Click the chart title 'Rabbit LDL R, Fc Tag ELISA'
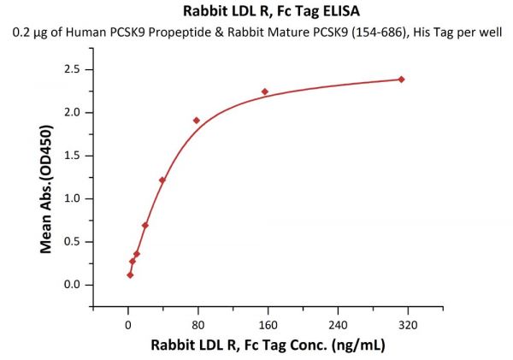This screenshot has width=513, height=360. click(256, 12)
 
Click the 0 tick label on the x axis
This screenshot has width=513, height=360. click(128, 324)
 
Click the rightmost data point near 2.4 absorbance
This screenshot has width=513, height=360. click(401, 80)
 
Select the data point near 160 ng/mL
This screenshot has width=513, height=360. click(265, 91)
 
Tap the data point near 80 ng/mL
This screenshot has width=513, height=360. click(197, 121)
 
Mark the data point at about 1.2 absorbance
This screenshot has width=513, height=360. click(162, 180)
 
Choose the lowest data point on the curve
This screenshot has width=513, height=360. click(130, 274)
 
